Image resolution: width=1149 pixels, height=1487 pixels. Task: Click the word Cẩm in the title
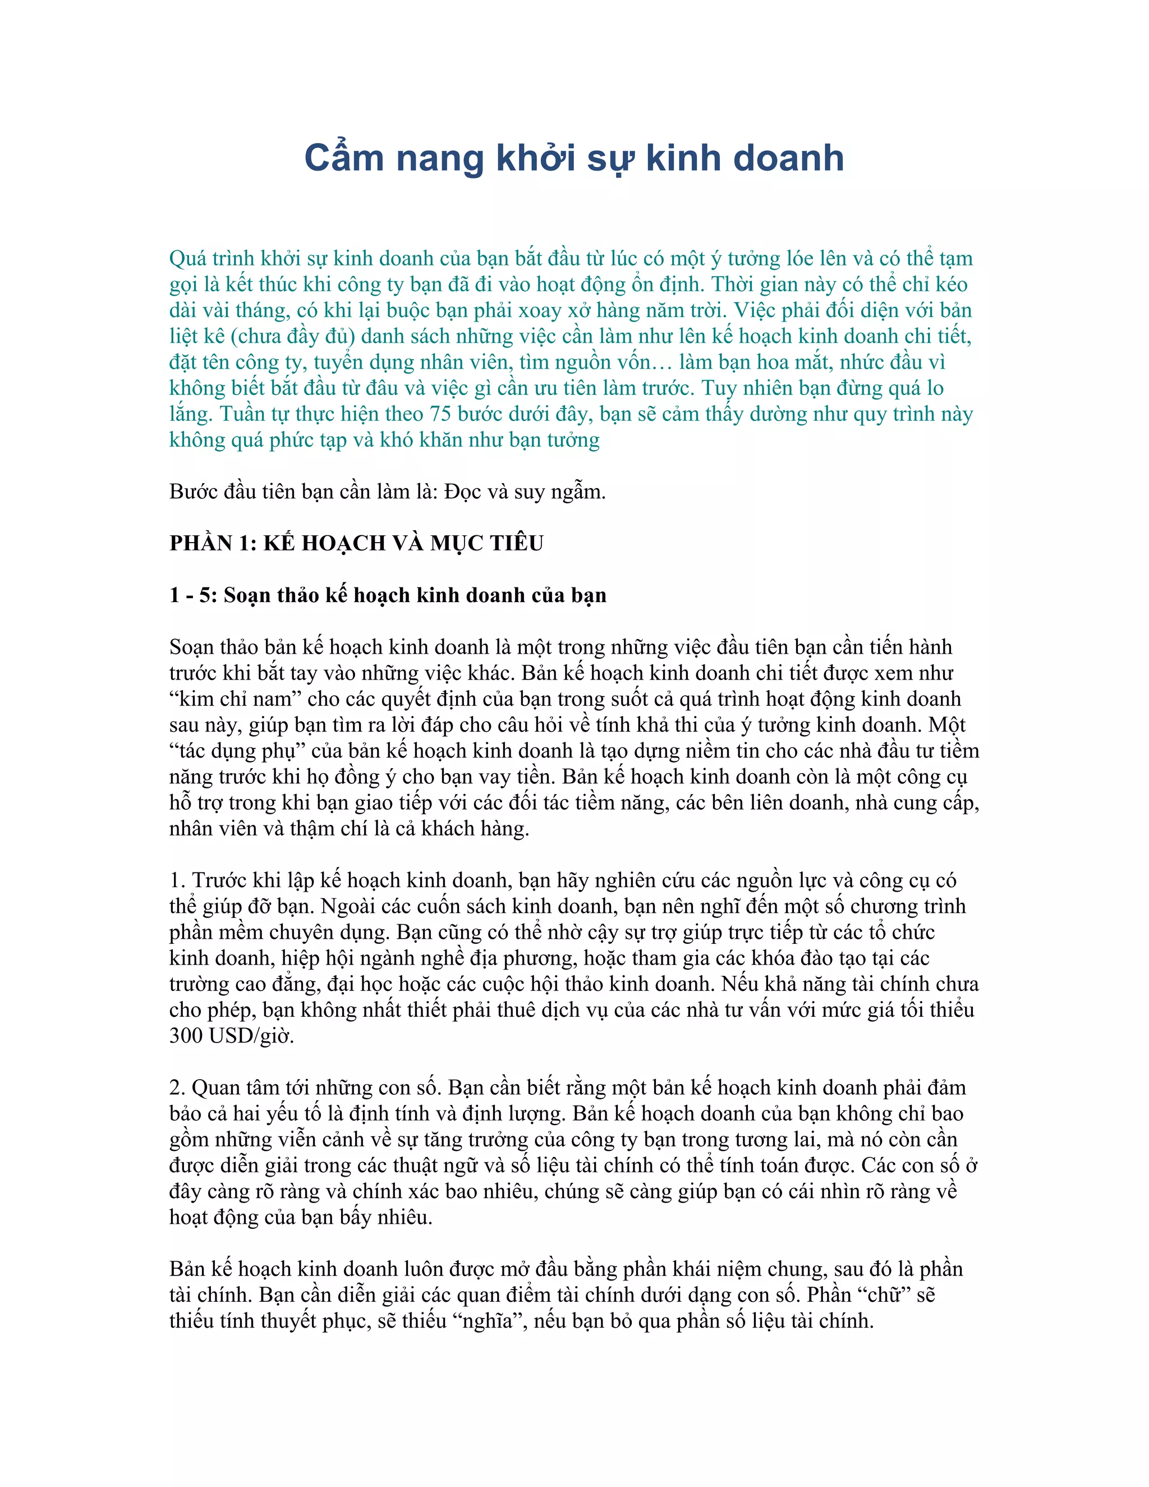coord(344,158)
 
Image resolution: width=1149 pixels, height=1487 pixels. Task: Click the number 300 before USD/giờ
coord(186,1036)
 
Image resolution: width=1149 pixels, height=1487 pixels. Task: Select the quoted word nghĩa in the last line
coord(488,1321)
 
